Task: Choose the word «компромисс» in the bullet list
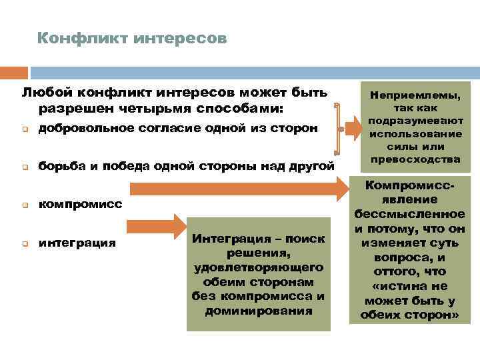coord(80,204)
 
